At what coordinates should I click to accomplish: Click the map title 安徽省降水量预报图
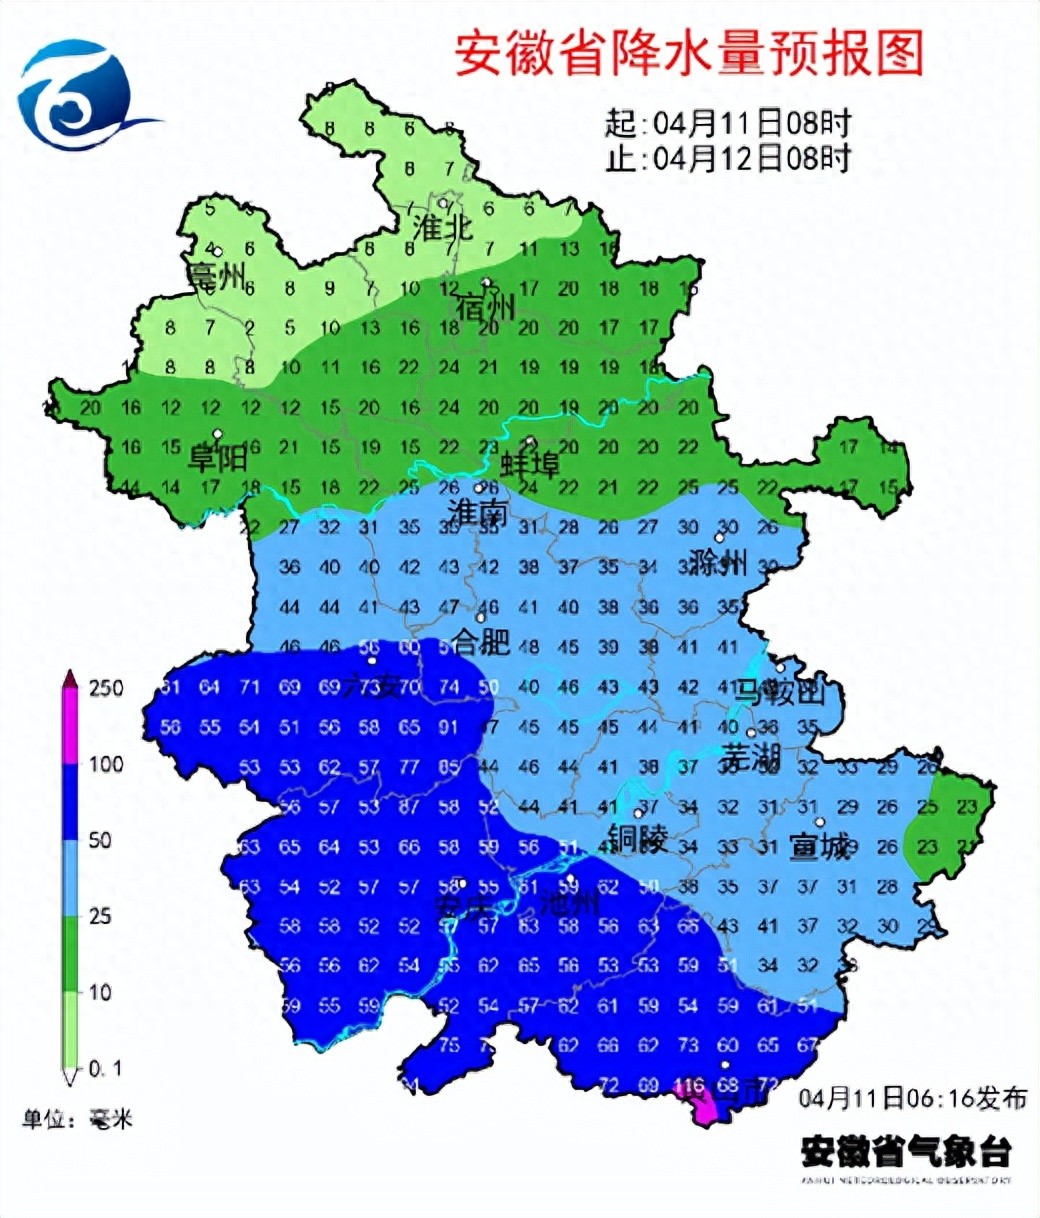pos(688,53)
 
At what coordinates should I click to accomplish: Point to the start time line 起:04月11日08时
pos(728,124)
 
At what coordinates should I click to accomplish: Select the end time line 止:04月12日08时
pos(728,158)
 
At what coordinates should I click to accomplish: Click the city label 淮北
pos(442,228)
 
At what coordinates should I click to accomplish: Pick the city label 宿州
pos(485,305)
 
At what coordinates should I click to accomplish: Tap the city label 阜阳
pos(218,458)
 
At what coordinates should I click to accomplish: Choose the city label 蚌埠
pos(530,465)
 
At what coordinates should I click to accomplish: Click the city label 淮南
pos(478,513)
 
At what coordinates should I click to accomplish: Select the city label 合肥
pos(482,641)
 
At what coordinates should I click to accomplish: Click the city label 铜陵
pos(637,838)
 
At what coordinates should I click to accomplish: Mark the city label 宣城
pos(819,846)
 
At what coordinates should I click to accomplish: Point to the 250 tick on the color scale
pos(106,688)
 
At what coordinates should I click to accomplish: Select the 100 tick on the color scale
pos(106,764)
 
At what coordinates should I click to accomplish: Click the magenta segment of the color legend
pos(71,726)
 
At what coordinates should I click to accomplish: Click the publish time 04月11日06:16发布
pos(912,1098)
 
